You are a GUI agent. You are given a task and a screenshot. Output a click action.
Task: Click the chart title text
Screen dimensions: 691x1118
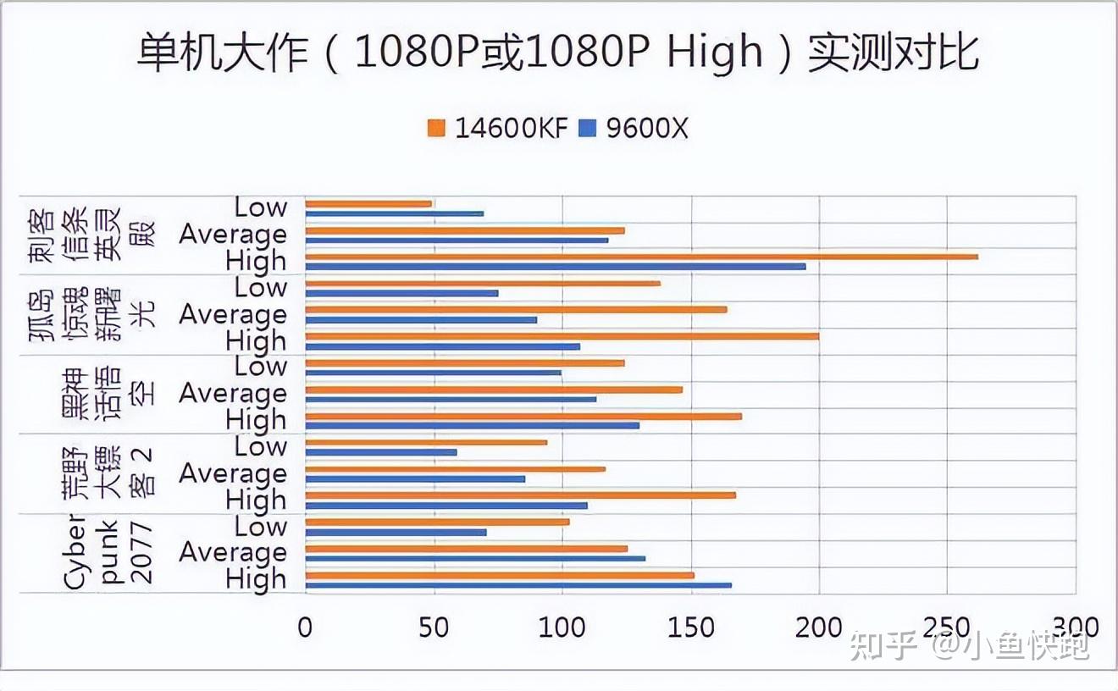[x=558, y=53]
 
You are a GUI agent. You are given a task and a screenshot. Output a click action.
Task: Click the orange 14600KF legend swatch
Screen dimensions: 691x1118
[x=436, y=128]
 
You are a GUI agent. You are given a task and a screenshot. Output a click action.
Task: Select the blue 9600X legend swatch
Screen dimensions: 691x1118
[x=588, y=128]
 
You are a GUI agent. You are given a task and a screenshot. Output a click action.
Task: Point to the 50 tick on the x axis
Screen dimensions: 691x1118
[x=433, y=627]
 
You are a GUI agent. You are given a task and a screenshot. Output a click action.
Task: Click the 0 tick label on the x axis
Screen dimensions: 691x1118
[x=305, y=627]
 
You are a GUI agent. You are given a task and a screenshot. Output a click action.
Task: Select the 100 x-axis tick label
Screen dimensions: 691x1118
[x=562, y=627]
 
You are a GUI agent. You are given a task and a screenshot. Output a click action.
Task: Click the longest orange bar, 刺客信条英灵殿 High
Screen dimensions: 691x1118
[x=641, y=257]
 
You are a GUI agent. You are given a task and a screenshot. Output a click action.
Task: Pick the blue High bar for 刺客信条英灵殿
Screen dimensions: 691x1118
[x=555, y=267]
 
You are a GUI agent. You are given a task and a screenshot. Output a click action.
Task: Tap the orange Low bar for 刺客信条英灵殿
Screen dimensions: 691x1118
[x=368, y=203]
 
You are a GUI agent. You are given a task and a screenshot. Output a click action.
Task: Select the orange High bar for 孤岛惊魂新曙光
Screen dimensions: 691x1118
[x=562, y=336]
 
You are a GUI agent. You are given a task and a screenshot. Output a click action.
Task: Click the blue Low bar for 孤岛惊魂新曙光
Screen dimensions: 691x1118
[x=401, y=293]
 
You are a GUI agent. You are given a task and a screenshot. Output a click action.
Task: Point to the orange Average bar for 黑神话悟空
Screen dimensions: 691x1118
[x=493, y=390]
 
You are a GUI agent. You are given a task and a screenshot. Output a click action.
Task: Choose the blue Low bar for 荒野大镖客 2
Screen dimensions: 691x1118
[x=380, y=452]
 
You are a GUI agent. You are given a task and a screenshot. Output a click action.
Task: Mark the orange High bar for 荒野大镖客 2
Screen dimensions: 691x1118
[x=520, y=495]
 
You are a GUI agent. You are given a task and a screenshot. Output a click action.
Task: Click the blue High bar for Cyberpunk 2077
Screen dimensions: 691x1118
[x=517, y=585]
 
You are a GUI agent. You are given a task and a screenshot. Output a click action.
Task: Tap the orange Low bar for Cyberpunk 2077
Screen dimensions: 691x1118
[x=437, y=522]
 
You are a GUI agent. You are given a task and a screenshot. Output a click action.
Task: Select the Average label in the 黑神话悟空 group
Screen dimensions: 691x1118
[x=232, y=394]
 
